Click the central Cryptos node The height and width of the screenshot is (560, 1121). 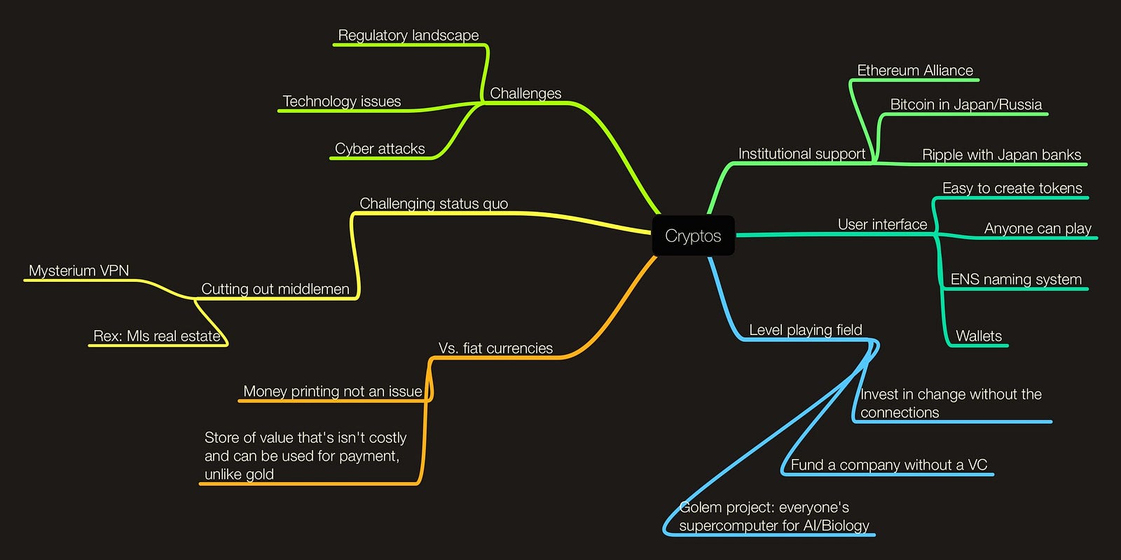coord(693,236)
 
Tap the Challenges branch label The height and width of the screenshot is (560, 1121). coord(525,93)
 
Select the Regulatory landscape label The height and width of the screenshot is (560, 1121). coord(408,35)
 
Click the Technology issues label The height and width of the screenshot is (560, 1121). coord(342,101)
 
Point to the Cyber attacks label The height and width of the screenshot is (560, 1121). coord(380,149)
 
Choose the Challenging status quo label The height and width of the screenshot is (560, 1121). coord(434,203)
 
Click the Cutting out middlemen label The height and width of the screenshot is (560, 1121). coord(275,289)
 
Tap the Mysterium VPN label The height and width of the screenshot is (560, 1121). coord(79,271)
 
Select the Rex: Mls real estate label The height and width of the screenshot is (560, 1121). coord(157,336)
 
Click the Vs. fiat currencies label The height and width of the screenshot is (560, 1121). coord(495,348)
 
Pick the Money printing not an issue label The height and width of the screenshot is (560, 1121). coord(333,391)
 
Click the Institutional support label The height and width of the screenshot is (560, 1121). coord(802,153)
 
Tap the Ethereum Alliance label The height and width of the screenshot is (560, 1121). coord(915,70)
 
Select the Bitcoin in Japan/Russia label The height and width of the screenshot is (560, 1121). coord(966,104)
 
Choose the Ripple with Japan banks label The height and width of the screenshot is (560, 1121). coord(1002,155)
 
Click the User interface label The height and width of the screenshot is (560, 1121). coord(882,224)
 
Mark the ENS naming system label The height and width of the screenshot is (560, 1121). coord(1016,279)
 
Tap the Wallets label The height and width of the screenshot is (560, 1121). coord(979,336)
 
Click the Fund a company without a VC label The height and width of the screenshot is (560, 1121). coord(889,465)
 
